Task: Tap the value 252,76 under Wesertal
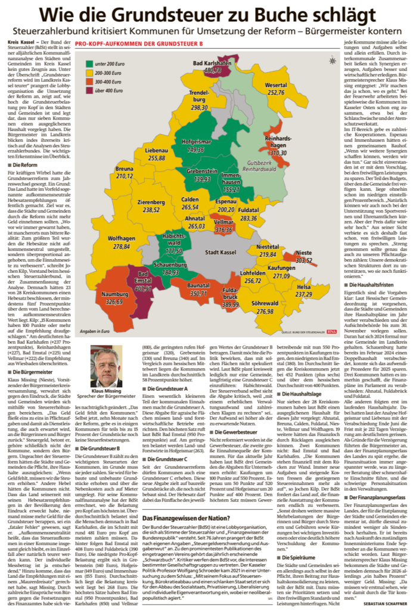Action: point(275,92)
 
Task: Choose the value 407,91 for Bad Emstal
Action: point(143,289)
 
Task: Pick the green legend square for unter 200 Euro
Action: point(90,63)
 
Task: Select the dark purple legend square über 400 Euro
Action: point(90,90)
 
